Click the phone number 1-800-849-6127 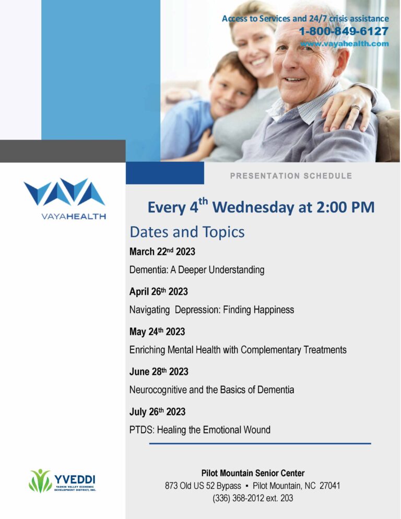(344, 31)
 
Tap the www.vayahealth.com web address (345, 44)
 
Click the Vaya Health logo (65, 199)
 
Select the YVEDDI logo (63, 480)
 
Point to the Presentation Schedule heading (291, 176)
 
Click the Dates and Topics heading (187, 232)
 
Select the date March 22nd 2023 (162, 252)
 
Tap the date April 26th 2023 (159, 291)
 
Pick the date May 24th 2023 (157, 332)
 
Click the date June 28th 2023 (159, 372)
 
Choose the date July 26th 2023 (158, 412)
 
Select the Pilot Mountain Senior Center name (253, 473)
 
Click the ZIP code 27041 (330, 486)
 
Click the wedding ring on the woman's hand (356, 108)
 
